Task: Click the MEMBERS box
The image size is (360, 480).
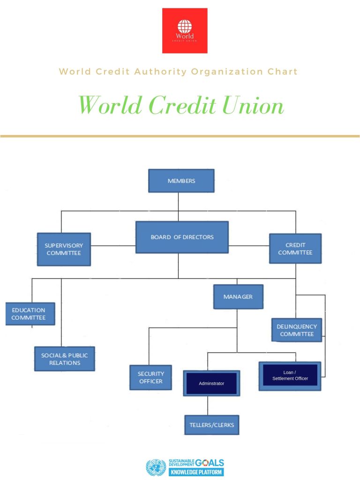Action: click(181, 181)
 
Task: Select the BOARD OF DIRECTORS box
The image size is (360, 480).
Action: click(182, 237)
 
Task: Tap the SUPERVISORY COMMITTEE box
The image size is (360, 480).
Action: click(64, 249)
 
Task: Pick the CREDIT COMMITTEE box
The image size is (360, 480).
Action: click(295, 248)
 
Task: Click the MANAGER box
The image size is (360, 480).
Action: click(238, 297)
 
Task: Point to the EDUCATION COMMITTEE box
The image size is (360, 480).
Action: click(30, 314)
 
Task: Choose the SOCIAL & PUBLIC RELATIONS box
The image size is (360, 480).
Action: click(65, 359)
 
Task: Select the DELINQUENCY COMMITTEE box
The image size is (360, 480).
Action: click(296, 330)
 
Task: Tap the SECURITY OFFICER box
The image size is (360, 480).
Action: click(150, 377)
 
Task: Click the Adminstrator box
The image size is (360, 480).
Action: click(211, 383)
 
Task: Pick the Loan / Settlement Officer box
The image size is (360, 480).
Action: click(290, 375)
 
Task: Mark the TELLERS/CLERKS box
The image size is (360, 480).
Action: click(211, 425)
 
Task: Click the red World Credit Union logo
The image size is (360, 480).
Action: click(185, 30)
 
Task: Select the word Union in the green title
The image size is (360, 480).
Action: click(253, 105)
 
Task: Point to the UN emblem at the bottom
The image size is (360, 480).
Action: click(156, 467)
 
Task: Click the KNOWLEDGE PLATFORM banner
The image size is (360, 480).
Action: click(196, 472)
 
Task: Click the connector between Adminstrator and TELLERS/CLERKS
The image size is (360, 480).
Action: click(208, 406)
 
